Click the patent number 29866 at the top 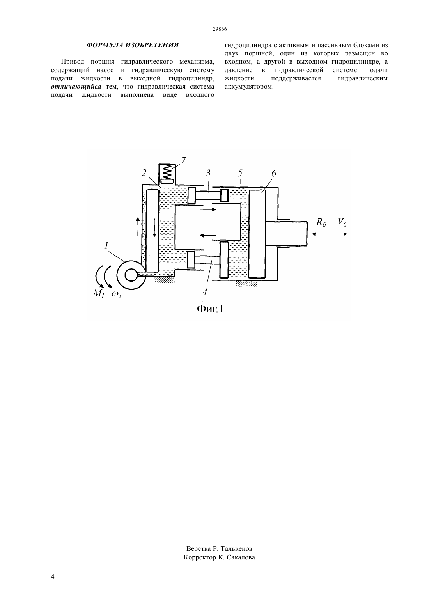click(219, 29)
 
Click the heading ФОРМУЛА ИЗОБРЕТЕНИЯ click(133, 45)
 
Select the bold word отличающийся click(76, 87)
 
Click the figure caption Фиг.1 click(210, 309)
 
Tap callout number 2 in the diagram click(144, 172)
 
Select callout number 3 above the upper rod click(208, 173)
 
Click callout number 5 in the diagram click(240, 173)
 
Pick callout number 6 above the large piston click(273, 174)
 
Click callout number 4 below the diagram click(205, 291)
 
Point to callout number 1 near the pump click(106, 246)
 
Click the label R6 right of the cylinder click(321, 223)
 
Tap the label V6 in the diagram click(342, 223)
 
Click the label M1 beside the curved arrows click(98, 293)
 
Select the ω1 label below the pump click(117, 294)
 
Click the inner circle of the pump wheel click(131, 275)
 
